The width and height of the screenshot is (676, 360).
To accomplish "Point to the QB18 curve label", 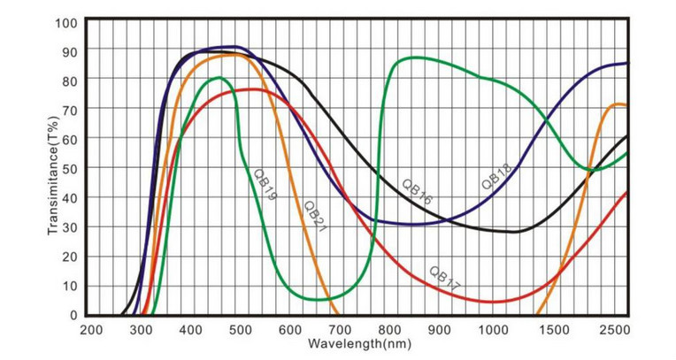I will pyautogui.click(x=495, y=177).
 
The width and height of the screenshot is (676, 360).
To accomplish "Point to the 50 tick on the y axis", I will pyautogui.click(x=70, y=168).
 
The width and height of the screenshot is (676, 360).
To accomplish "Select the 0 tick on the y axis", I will pyautogui.click(x=73, y=315).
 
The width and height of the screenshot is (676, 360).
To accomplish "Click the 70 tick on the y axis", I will pyautogui.click(x=70, y=110).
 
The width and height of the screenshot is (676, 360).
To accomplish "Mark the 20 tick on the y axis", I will pyautogui.click(x=70, y=257).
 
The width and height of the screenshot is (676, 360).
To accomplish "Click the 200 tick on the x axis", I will pyautogui.click(x=91, y=330).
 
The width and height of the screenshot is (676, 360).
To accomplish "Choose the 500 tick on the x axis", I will pyautogui.click(x=240, y=330).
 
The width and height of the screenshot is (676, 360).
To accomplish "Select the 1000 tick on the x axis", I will pyautogui.click(x=489, y=330).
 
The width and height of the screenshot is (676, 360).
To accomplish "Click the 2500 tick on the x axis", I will pyautogui.click(x=614, y=330).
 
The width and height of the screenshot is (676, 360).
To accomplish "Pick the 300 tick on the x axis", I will pyautogui.click(x=141, y=330).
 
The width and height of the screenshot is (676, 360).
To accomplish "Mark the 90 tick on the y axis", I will pyautogui.click(x=70, y=51).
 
